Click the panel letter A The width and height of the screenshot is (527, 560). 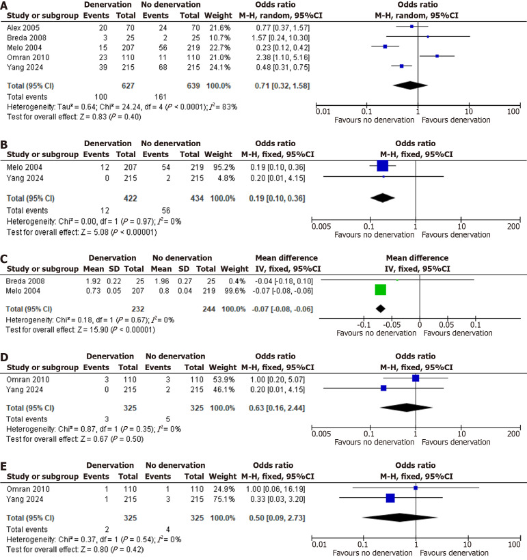click(x=5, y=5)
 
